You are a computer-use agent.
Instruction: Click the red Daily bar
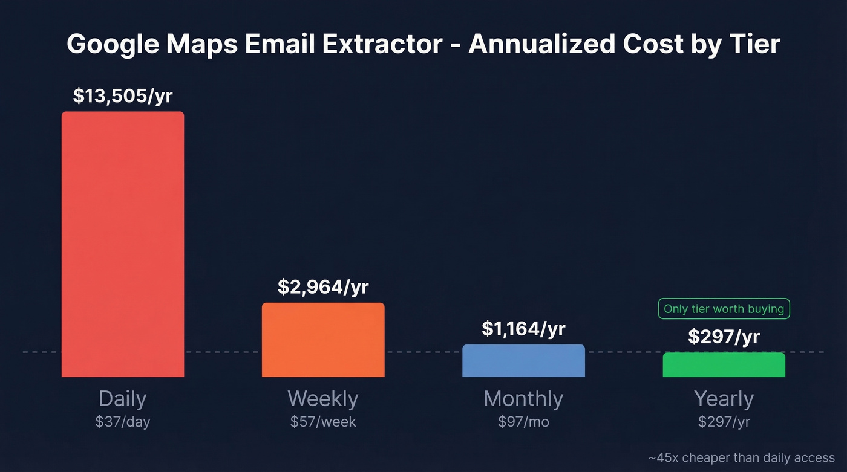click(123, 244)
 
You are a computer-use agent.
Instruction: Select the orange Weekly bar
click(323, 340)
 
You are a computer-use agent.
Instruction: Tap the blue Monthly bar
click(523, 361)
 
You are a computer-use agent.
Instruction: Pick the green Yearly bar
click(724, 365)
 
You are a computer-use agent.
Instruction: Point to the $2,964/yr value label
click(323, 287)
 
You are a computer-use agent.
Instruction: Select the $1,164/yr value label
click(523, 329)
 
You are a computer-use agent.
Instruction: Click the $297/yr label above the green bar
click(724, 337)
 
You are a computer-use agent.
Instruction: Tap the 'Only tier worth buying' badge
click(724, 309)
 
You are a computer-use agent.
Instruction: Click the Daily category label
click(123, 399)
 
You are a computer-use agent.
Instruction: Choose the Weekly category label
click(323, 399)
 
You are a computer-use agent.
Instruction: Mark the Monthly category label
click(523, 399)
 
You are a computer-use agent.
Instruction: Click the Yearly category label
click(724, 399)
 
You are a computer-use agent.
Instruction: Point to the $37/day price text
click(123, 422)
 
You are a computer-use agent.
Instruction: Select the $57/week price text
click(323, 422)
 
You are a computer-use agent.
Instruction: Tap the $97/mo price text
click(523, 422)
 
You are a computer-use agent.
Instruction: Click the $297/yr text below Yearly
click(724, 422)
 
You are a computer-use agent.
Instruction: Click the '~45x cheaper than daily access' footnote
click(741, 458)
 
